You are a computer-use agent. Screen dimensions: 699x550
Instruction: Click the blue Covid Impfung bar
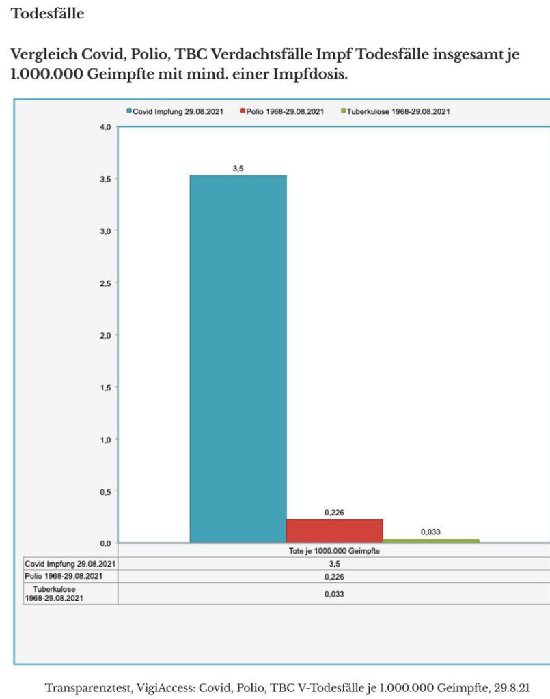(x=238, y=358)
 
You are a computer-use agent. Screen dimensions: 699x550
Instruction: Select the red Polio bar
(x=334, y=530)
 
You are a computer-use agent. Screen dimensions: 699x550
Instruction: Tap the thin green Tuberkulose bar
(x=430, y=541)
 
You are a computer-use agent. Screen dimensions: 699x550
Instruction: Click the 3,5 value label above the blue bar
(x=238, y=168)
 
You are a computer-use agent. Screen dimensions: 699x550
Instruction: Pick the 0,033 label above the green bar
(x=430, y=531)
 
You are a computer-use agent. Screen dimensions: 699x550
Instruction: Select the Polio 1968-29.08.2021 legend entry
(x=281, y=111)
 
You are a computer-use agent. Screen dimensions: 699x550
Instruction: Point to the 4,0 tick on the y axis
(x=105, y=127)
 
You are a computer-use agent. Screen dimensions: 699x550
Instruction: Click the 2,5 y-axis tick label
(x=105, y=283)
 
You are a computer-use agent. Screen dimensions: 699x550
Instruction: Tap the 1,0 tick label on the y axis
(x=105, y=439)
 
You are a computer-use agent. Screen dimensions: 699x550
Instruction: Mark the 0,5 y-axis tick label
(x=105, y=491)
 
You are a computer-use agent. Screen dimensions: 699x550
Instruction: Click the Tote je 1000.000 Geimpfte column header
(x=334, y=551)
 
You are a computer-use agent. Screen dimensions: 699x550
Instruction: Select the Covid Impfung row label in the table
(x=69, y=564)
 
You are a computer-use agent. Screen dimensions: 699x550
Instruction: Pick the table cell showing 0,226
(x=334, y=577)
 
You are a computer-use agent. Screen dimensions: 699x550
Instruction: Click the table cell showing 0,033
(x=334, y=594)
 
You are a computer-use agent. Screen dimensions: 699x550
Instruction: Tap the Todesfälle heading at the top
(x=48, y=13)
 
